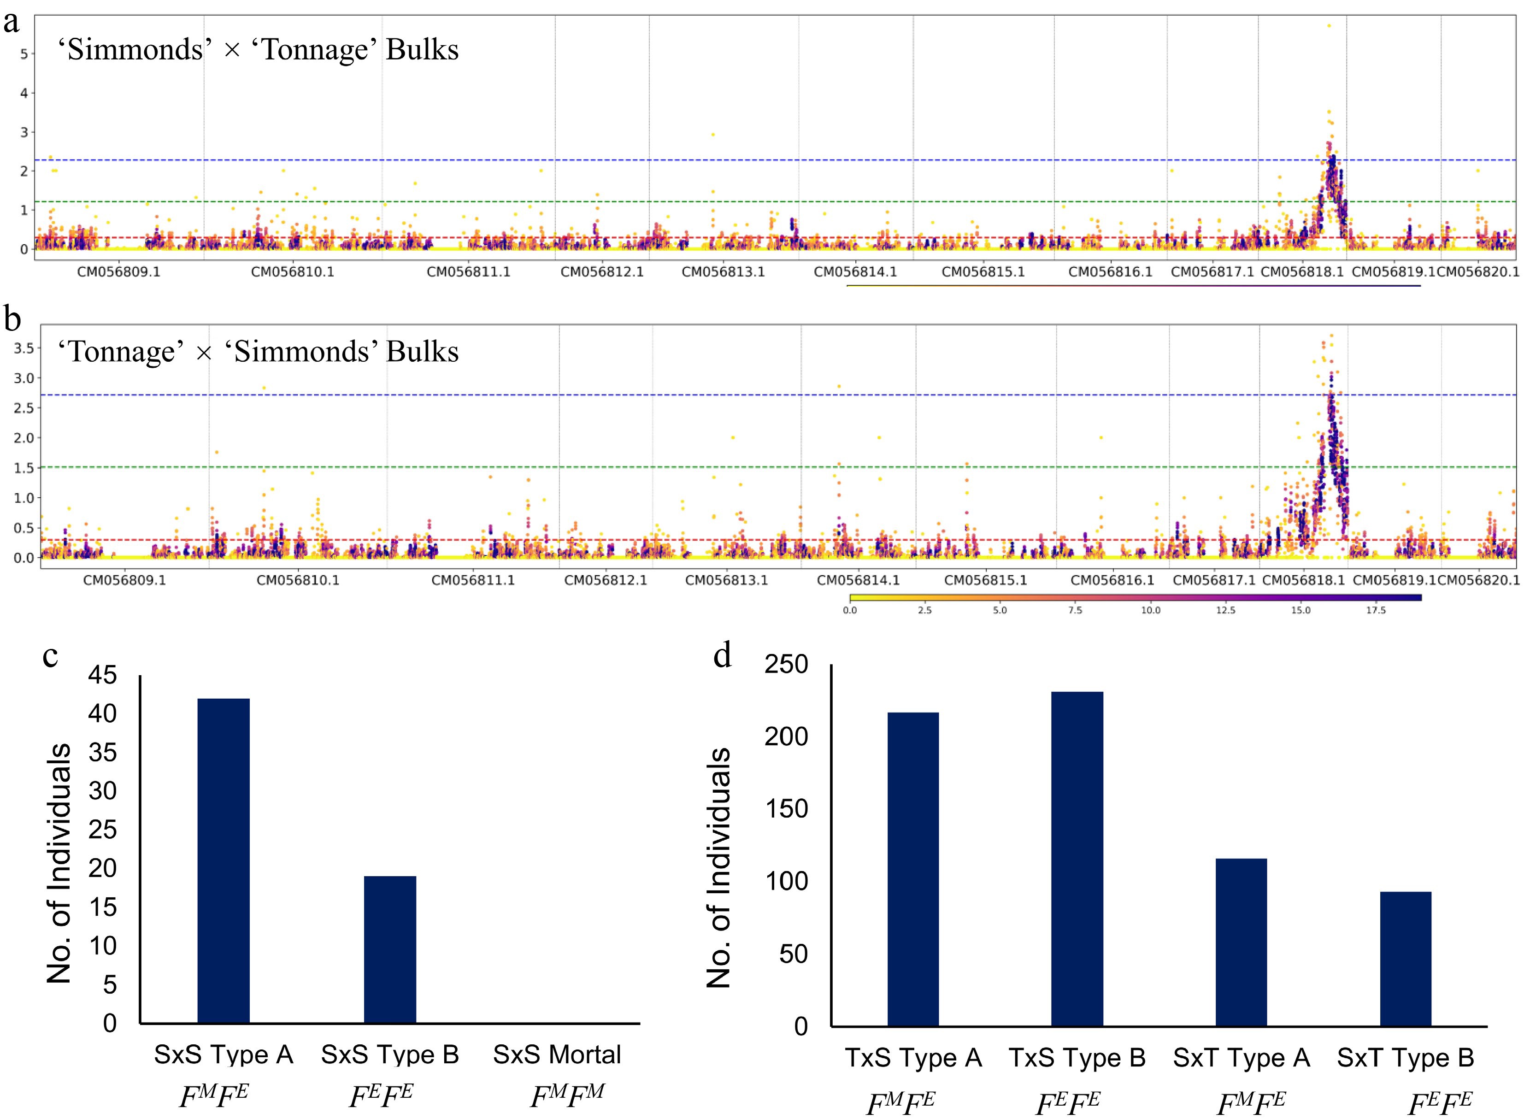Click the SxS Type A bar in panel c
click(223, 860)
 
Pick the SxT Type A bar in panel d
click(1241, 942)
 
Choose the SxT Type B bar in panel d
click(1406, 959)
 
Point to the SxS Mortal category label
click(557, 1054)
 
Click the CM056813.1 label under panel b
click(726, 581)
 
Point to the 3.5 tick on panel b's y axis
click(24, 348)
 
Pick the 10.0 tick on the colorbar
click(1150, 610)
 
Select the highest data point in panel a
click(1329, 26)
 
